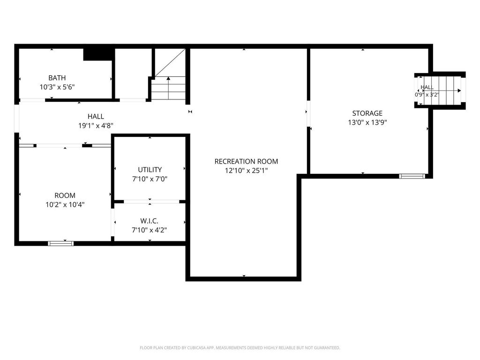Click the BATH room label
click(x=57, y=78)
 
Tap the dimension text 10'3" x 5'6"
click(x=57, y=87)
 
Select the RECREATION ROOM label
click(x=246, y=161)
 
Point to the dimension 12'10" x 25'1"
click(x=246, y=171)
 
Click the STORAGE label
click(x=367, y=113)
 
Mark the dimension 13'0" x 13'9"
click(x=367, y=122)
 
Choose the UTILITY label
click(x=150, y=170)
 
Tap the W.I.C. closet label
click(x=149, y=221)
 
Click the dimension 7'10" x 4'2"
click(x=149, y=230)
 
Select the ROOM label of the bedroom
click(x=65, y=195)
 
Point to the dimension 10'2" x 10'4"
click(x=65, y=204)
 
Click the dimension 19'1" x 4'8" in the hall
click(x=96, y=126)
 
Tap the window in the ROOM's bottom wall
click(x=61, y=243)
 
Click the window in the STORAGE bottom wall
click(x=412, y=176)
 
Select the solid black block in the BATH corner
click(x=97, y=54)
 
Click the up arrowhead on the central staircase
click(x=168, y=78)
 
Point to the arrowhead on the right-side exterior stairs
click(x=459, y=90)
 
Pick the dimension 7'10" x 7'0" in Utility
click(x=150, y=179)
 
